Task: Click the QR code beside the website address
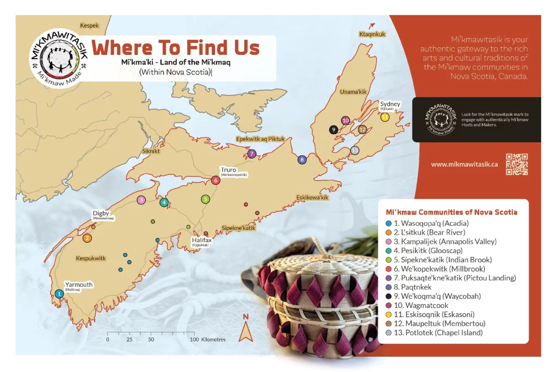[517, 165]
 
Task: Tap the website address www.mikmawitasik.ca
[465, 164]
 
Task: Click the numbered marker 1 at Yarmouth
[59, 294]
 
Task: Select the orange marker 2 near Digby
[87, 238]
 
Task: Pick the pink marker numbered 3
[141, 200]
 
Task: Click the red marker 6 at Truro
[216, 180]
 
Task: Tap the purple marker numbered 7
[251, 154]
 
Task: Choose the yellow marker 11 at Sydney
[385, 117]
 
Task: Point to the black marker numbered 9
[333, 129]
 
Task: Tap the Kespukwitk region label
[91, 258]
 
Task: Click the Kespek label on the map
[90, 26]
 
